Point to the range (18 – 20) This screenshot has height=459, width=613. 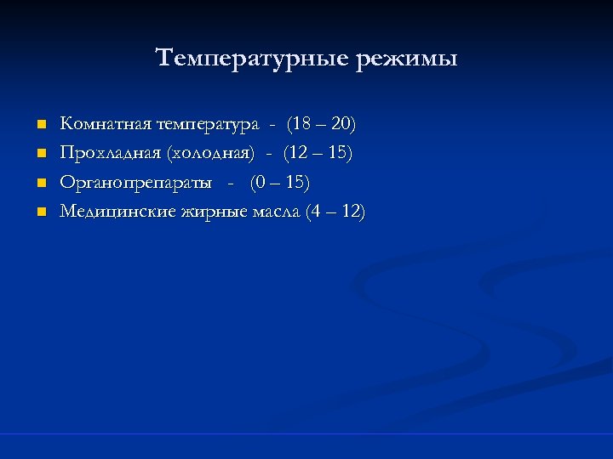point(322,125)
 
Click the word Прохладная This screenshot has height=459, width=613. point(111,154)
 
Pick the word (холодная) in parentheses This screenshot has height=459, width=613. point(210,154)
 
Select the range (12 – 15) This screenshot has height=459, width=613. point(318,154)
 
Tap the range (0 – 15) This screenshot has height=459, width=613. point(279,183)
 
